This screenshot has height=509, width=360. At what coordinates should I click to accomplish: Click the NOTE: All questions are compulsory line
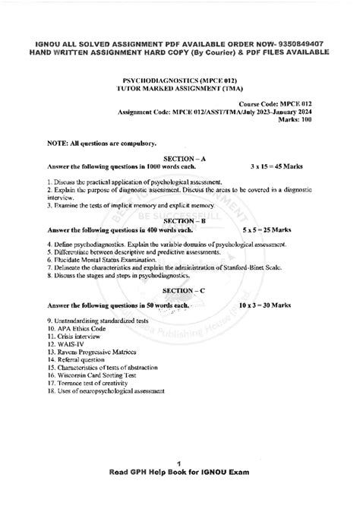click(91, 142)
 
